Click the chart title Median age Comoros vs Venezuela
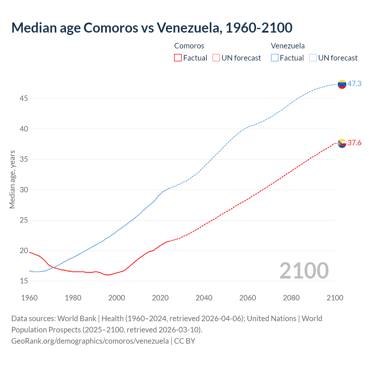tap(152, 28)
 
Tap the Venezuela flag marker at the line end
tap(342, 84)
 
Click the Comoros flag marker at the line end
tap(342, 143)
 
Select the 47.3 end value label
tap(354, 84)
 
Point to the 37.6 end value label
tap(354, 143)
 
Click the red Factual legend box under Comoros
tap(178, 58)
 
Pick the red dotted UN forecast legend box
tap(216, 58)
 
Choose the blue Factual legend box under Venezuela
tap(275, 58)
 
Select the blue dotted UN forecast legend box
tap(313, 58)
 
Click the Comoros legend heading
tap(189, 46)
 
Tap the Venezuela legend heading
tap(288, 46)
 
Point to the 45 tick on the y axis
tap(24, 99)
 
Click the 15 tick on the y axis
tap(24, 281)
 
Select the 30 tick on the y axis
tap(24, 190)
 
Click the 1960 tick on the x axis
tap(29, 298)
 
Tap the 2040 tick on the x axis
tap(204, 298)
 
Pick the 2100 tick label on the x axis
tap(335, 298)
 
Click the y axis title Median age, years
tap(12, 179)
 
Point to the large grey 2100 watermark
tap(304, 271)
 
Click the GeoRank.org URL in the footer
tap(90, 341)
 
